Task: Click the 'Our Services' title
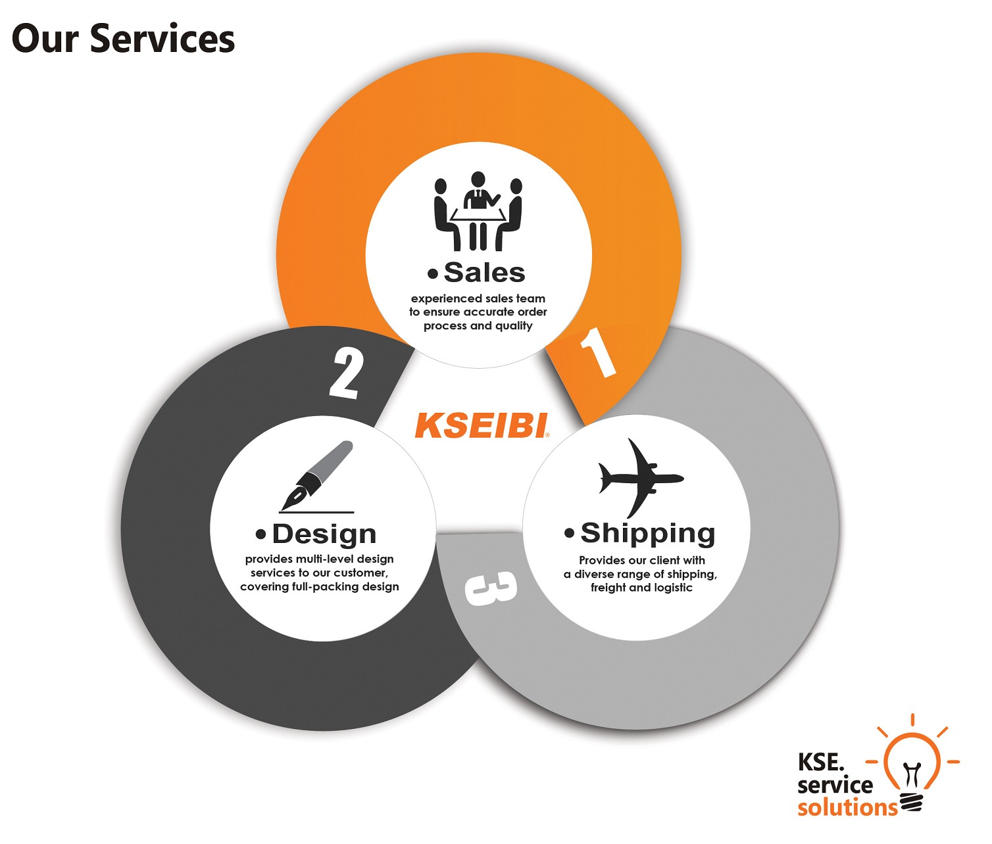[x=123, y=38]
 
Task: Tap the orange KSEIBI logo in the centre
[x=482, y=425]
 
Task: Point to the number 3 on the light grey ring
[x=491, y=588]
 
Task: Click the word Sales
[x=484, y=272]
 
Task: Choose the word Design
[x=324, y=534]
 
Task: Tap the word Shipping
[x=648, y=533]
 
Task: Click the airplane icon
[x=641, y=478]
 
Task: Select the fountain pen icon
[x=317, y=477]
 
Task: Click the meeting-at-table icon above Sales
[x=478, y=212]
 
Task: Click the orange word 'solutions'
[x=847, y=808]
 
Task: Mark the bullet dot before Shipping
[x=569, y=533]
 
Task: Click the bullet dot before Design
[x=260, y=534]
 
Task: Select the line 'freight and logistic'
[x=641, y=588]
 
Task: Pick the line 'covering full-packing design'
[x=320, y=586]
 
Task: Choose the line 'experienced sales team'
[x=478, y=298]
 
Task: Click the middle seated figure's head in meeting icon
[x=478, y=179]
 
